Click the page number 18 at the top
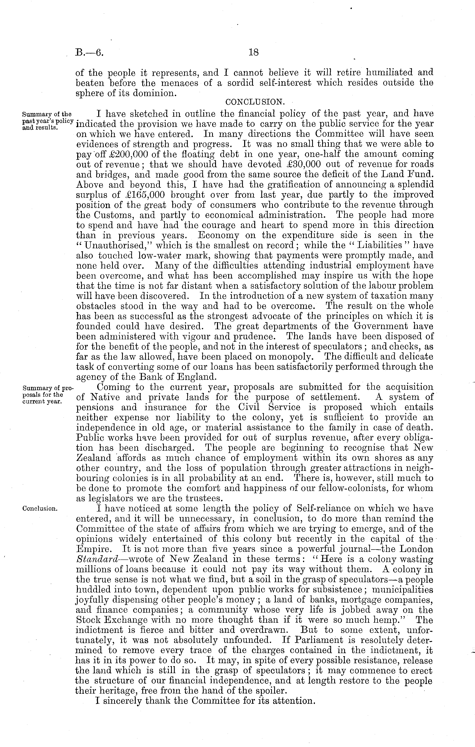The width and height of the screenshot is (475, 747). coord(254,52)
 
